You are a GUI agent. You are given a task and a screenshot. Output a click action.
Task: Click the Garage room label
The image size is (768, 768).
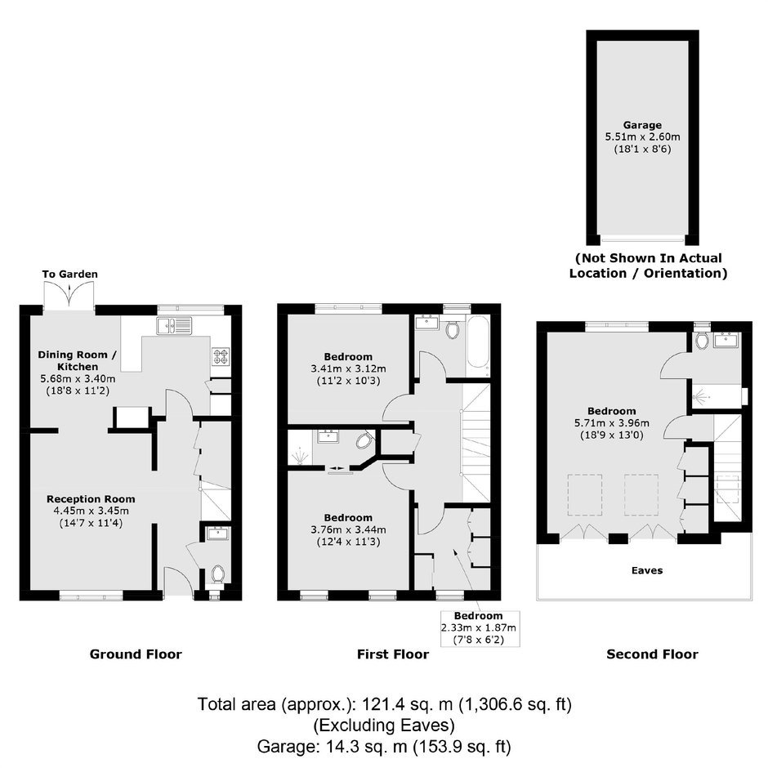pos(642,125)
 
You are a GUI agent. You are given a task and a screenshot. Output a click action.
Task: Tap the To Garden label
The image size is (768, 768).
pos(69,274)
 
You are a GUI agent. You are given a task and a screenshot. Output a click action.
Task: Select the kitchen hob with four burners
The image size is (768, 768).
pos(221,356)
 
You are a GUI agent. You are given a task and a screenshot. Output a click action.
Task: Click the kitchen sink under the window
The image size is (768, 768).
pos(174,326)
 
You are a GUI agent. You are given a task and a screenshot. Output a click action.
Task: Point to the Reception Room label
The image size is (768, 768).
pos(91,499)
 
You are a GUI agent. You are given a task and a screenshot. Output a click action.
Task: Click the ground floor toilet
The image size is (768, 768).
pos(217,574)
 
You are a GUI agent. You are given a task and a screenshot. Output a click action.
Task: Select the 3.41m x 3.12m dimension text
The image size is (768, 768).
pos(348,368)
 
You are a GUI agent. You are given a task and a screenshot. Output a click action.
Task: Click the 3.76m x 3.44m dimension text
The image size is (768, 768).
pos(348,529)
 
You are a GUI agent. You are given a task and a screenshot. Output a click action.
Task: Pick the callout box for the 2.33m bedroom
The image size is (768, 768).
pos(480,628)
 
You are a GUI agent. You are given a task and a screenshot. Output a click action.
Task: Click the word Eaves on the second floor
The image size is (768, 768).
pos(647,570)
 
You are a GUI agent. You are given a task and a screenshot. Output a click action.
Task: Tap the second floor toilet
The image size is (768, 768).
pos(703,340)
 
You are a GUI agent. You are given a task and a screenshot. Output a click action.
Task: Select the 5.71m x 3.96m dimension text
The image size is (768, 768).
pos(612,422)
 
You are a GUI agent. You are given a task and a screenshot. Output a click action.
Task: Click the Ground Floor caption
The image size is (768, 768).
pos(136,654)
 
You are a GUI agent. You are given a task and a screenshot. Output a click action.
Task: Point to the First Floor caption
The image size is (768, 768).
pos(393,654)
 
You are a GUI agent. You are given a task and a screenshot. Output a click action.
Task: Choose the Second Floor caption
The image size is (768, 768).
pos(653,654)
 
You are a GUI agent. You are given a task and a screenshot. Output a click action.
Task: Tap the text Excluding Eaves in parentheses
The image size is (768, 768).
pos(384,725)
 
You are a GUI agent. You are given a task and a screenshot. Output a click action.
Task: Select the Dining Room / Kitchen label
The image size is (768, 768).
pos(78,360)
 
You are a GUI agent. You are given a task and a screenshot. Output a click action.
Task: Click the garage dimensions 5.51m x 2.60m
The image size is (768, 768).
pos(643,137)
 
